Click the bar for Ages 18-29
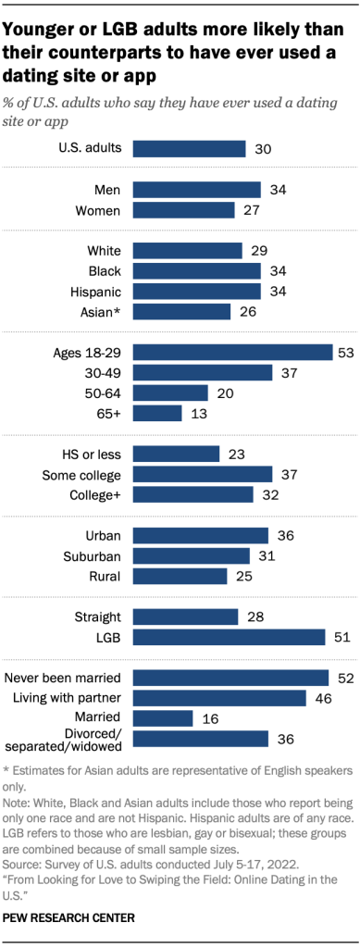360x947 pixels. pos(232,352)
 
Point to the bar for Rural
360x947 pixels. pos(180,576)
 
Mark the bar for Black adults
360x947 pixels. pos(197,270)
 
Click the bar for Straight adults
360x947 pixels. pos(185,617)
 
